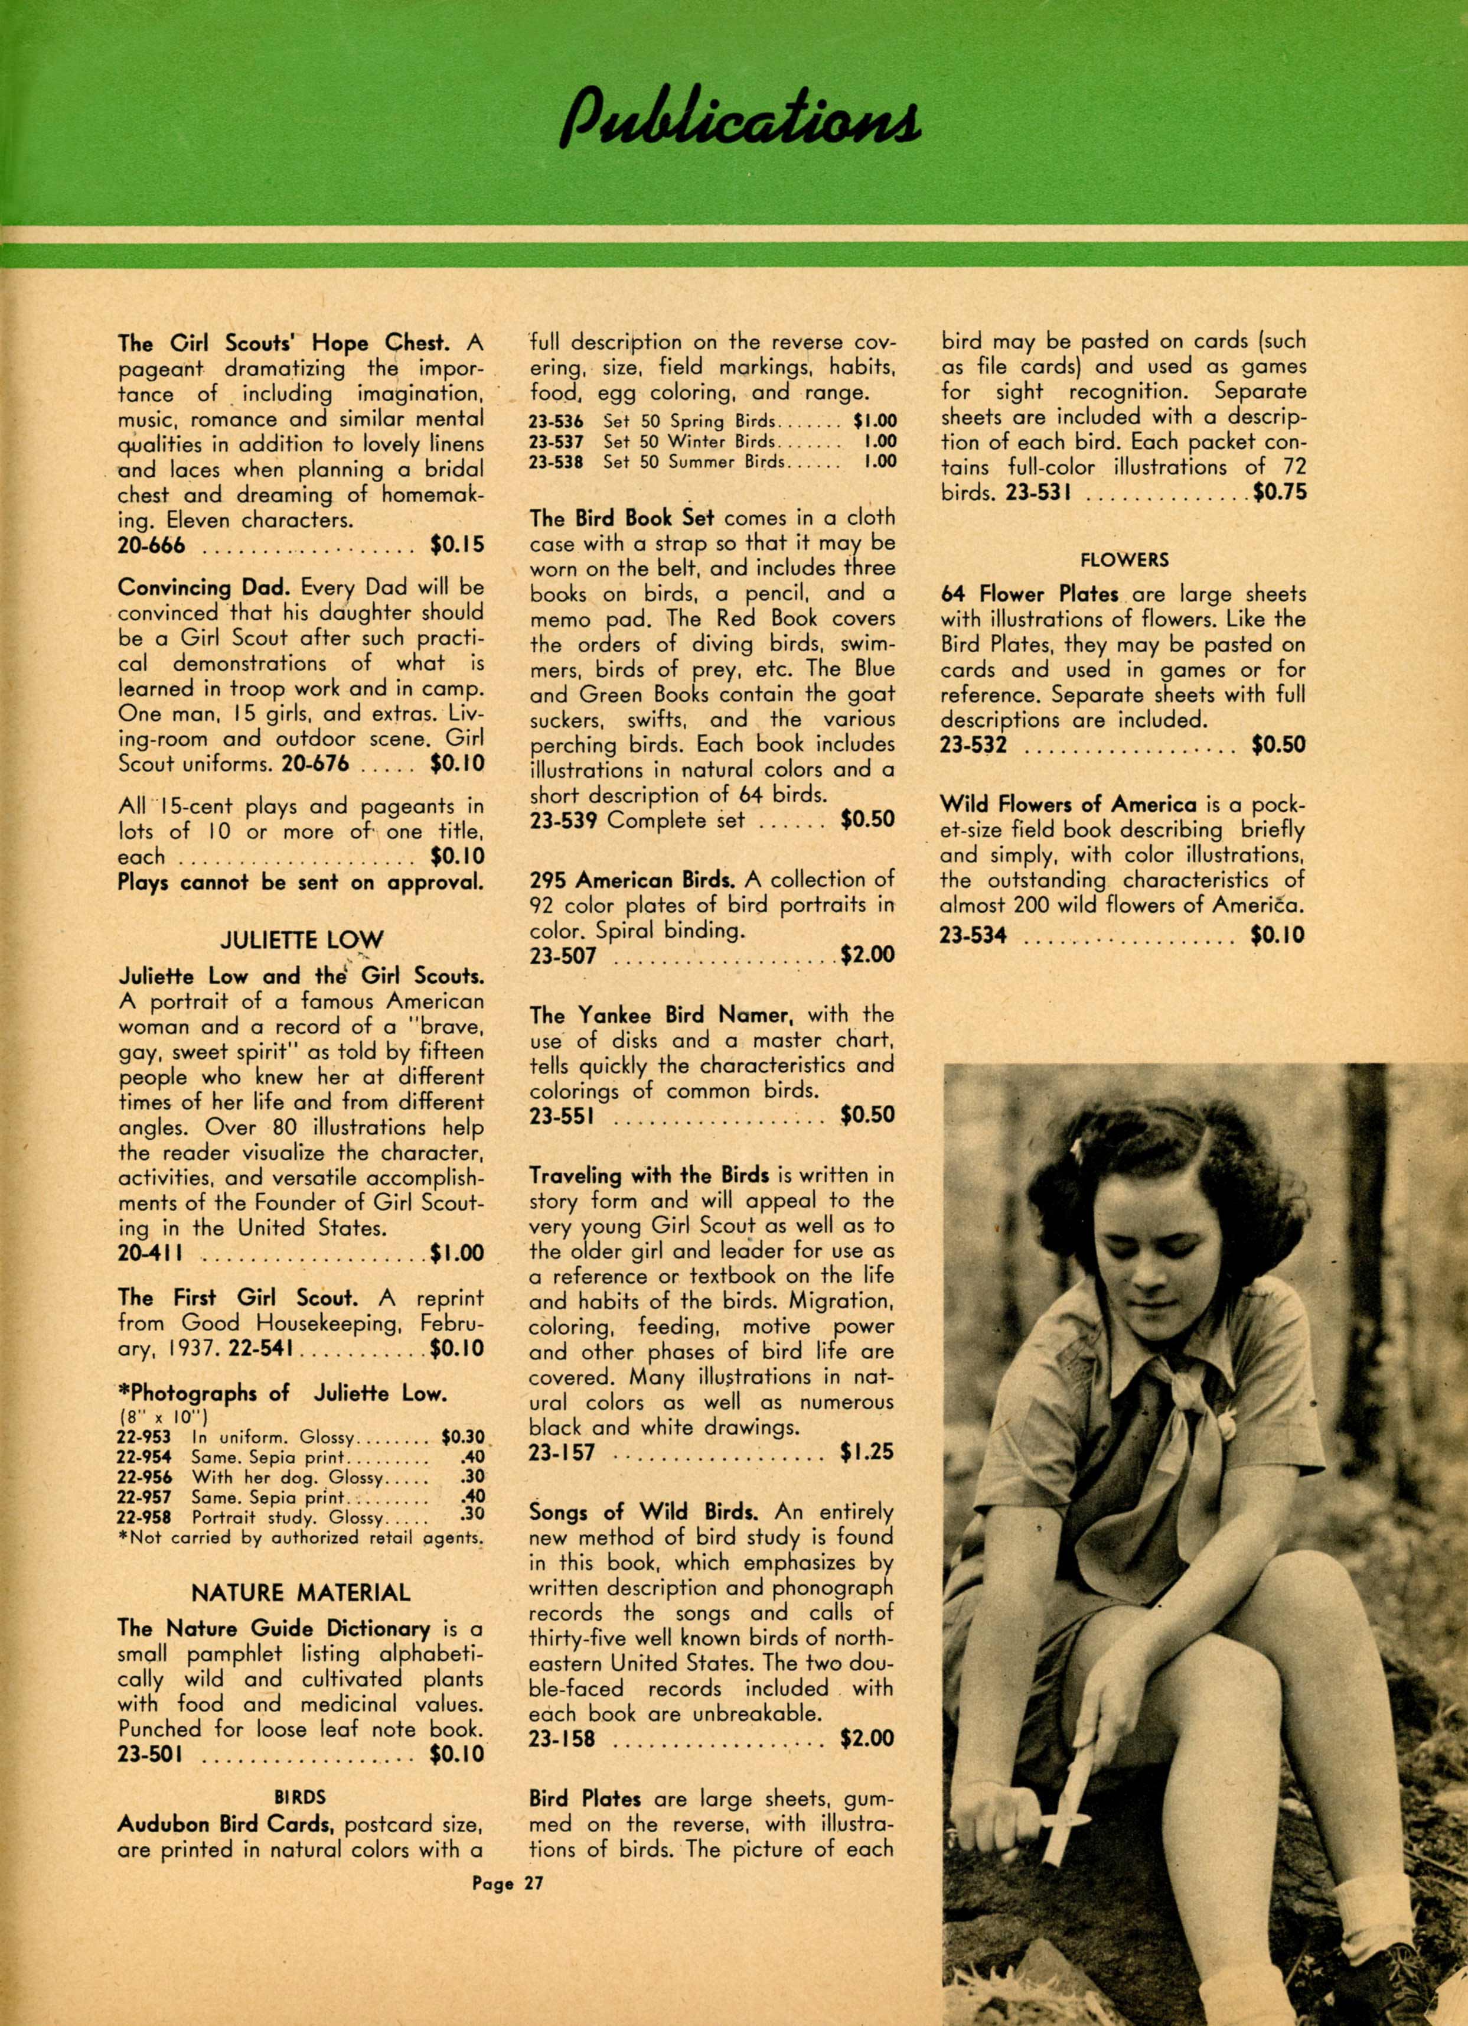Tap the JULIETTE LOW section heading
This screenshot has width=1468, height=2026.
click(301, 940)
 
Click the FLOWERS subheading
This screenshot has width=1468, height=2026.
click(1123, 560)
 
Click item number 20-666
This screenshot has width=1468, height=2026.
click(152, 544)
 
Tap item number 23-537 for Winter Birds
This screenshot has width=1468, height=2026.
click(556, 441)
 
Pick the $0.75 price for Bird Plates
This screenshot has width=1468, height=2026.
click(1278, 492)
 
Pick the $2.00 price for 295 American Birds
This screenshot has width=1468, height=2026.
click(866, 955)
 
